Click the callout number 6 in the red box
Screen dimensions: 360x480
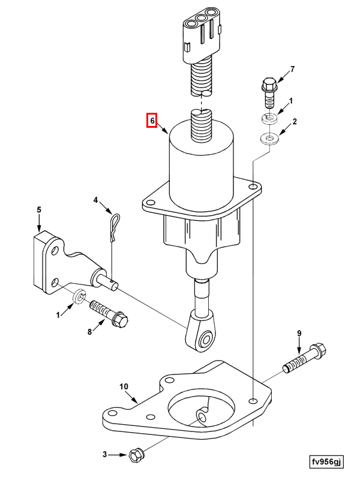pyautogui.click(x=152, y=121)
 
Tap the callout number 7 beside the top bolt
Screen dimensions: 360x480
pyautogui.click(x=292, y=69)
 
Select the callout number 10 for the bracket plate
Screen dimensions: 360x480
pyautogui.click(x=124, y=386)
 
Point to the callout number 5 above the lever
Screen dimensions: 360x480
pyautogui.click(x=39, y=209)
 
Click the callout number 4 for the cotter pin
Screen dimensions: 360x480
pyautogui.click(x=95, y=200)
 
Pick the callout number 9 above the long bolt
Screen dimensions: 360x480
pyautogui.click(x=299, y=333)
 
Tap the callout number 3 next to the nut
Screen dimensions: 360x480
pyautogui.click(x=104, y=455)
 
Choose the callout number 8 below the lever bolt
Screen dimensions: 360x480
pyautogui.click(x=89, y=332)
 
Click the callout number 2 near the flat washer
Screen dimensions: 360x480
pyautogui.click(x=295, y=122)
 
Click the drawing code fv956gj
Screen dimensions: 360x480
pyautogui.click(x=326, y=461)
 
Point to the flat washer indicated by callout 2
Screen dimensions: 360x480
pyautogui.click(x=269, y=139)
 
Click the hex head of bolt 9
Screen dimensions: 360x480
pyautogui.click(x=319, y=351)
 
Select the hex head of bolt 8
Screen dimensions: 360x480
pyautogui.click(x=121, y=320)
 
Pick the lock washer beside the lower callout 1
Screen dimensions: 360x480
pyautogui.click(x=79, y=296)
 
